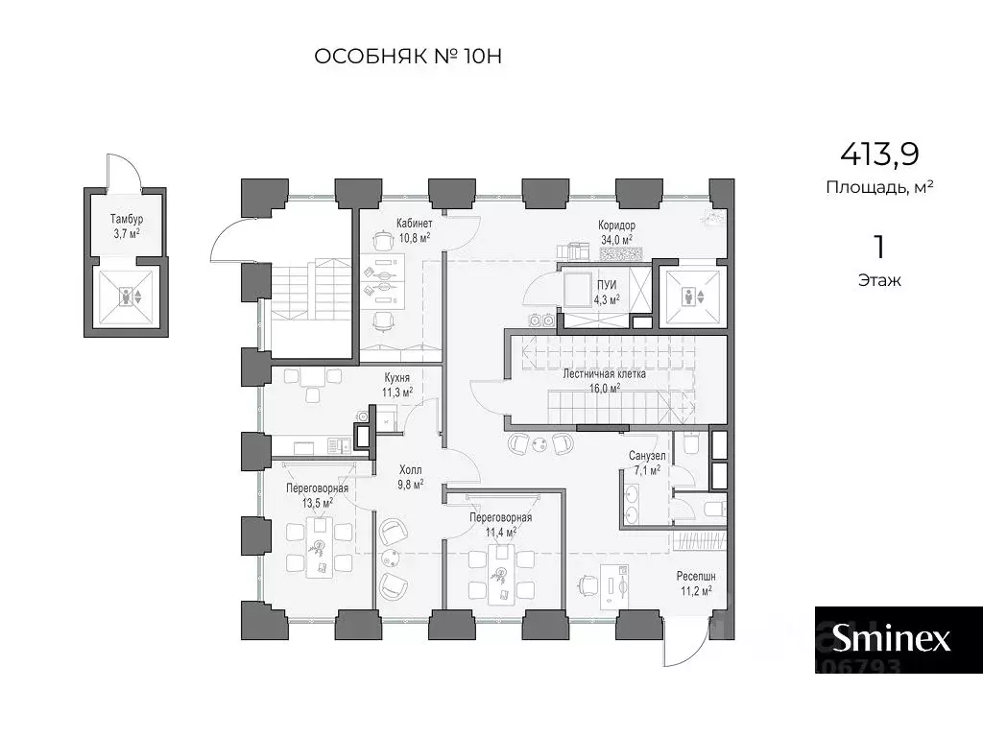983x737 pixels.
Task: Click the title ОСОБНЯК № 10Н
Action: [x=407, y=57]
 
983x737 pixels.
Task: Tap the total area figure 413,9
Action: [x=879, y=154]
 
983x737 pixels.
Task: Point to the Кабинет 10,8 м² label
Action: [x=415, y=230]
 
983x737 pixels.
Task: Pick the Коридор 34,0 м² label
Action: [x=616, y=232]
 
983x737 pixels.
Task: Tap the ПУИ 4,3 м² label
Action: [x=607, y=293]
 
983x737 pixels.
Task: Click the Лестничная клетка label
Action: [x=605, y=374]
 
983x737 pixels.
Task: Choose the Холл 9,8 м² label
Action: [x=411, y=477]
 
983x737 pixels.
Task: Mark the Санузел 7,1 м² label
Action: [x=647, y=463]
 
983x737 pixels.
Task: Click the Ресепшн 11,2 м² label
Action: [x=696, y=583]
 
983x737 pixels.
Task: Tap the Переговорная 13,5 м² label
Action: [x=317, y=495]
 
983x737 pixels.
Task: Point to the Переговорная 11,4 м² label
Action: [x=501, y=525]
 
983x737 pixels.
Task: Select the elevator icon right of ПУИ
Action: [x=693, y=297]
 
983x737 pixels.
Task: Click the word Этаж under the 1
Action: [x=879, y=281]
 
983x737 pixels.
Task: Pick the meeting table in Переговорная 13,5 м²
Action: [x=320, y=548]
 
